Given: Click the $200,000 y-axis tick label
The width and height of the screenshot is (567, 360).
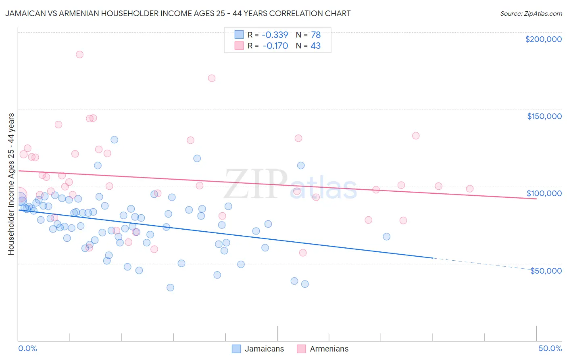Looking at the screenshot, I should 543,39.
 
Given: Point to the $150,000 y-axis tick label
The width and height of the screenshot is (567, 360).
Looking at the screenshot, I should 544,116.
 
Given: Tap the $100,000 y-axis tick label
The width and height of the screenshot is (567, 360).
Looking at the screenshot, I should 544,193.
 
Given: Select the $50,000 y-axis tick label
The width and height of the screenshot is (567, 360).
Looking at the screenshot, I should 546,271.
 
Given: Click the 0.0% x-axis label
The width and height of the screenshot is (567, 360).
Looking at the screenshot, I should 27,349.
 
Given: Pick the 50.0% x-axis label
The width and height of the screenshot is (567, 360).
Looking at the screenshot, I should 550,349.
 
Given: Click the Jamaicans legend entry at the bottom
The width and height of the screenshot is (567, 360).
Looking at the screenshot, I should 258,349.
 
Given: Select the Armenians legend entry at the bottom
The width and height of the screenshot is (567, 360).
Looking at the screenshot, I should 323,349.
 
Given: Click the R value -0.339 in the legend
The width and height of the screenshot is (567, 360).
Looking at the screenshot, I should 275,35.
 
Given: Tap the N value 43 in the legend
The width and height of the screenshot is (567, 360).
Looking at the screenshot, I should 315,46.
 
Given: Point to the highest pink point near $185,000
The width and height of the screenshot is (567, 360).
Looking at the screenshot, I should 79,54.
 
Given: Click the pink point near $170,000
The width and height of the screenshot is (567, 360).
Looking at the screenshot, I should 212,78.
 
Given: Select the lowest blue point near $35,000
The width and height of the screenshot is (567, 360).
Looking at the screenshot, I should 170,288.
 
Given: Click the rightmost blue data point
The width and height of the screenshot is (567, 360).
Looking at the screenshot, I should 386,237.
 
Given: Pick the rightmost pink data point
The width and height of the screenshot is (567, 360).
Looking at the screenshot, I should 469,188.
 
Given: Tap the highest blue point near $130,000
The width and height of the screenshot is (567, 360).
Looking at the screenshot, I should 114,140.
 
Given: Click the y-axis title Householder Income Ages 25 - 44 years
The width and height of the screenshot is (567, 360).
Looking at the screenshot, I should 11,184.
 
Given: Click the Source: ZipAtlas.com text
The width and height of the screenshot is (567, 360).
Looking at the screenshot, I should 531,14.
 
